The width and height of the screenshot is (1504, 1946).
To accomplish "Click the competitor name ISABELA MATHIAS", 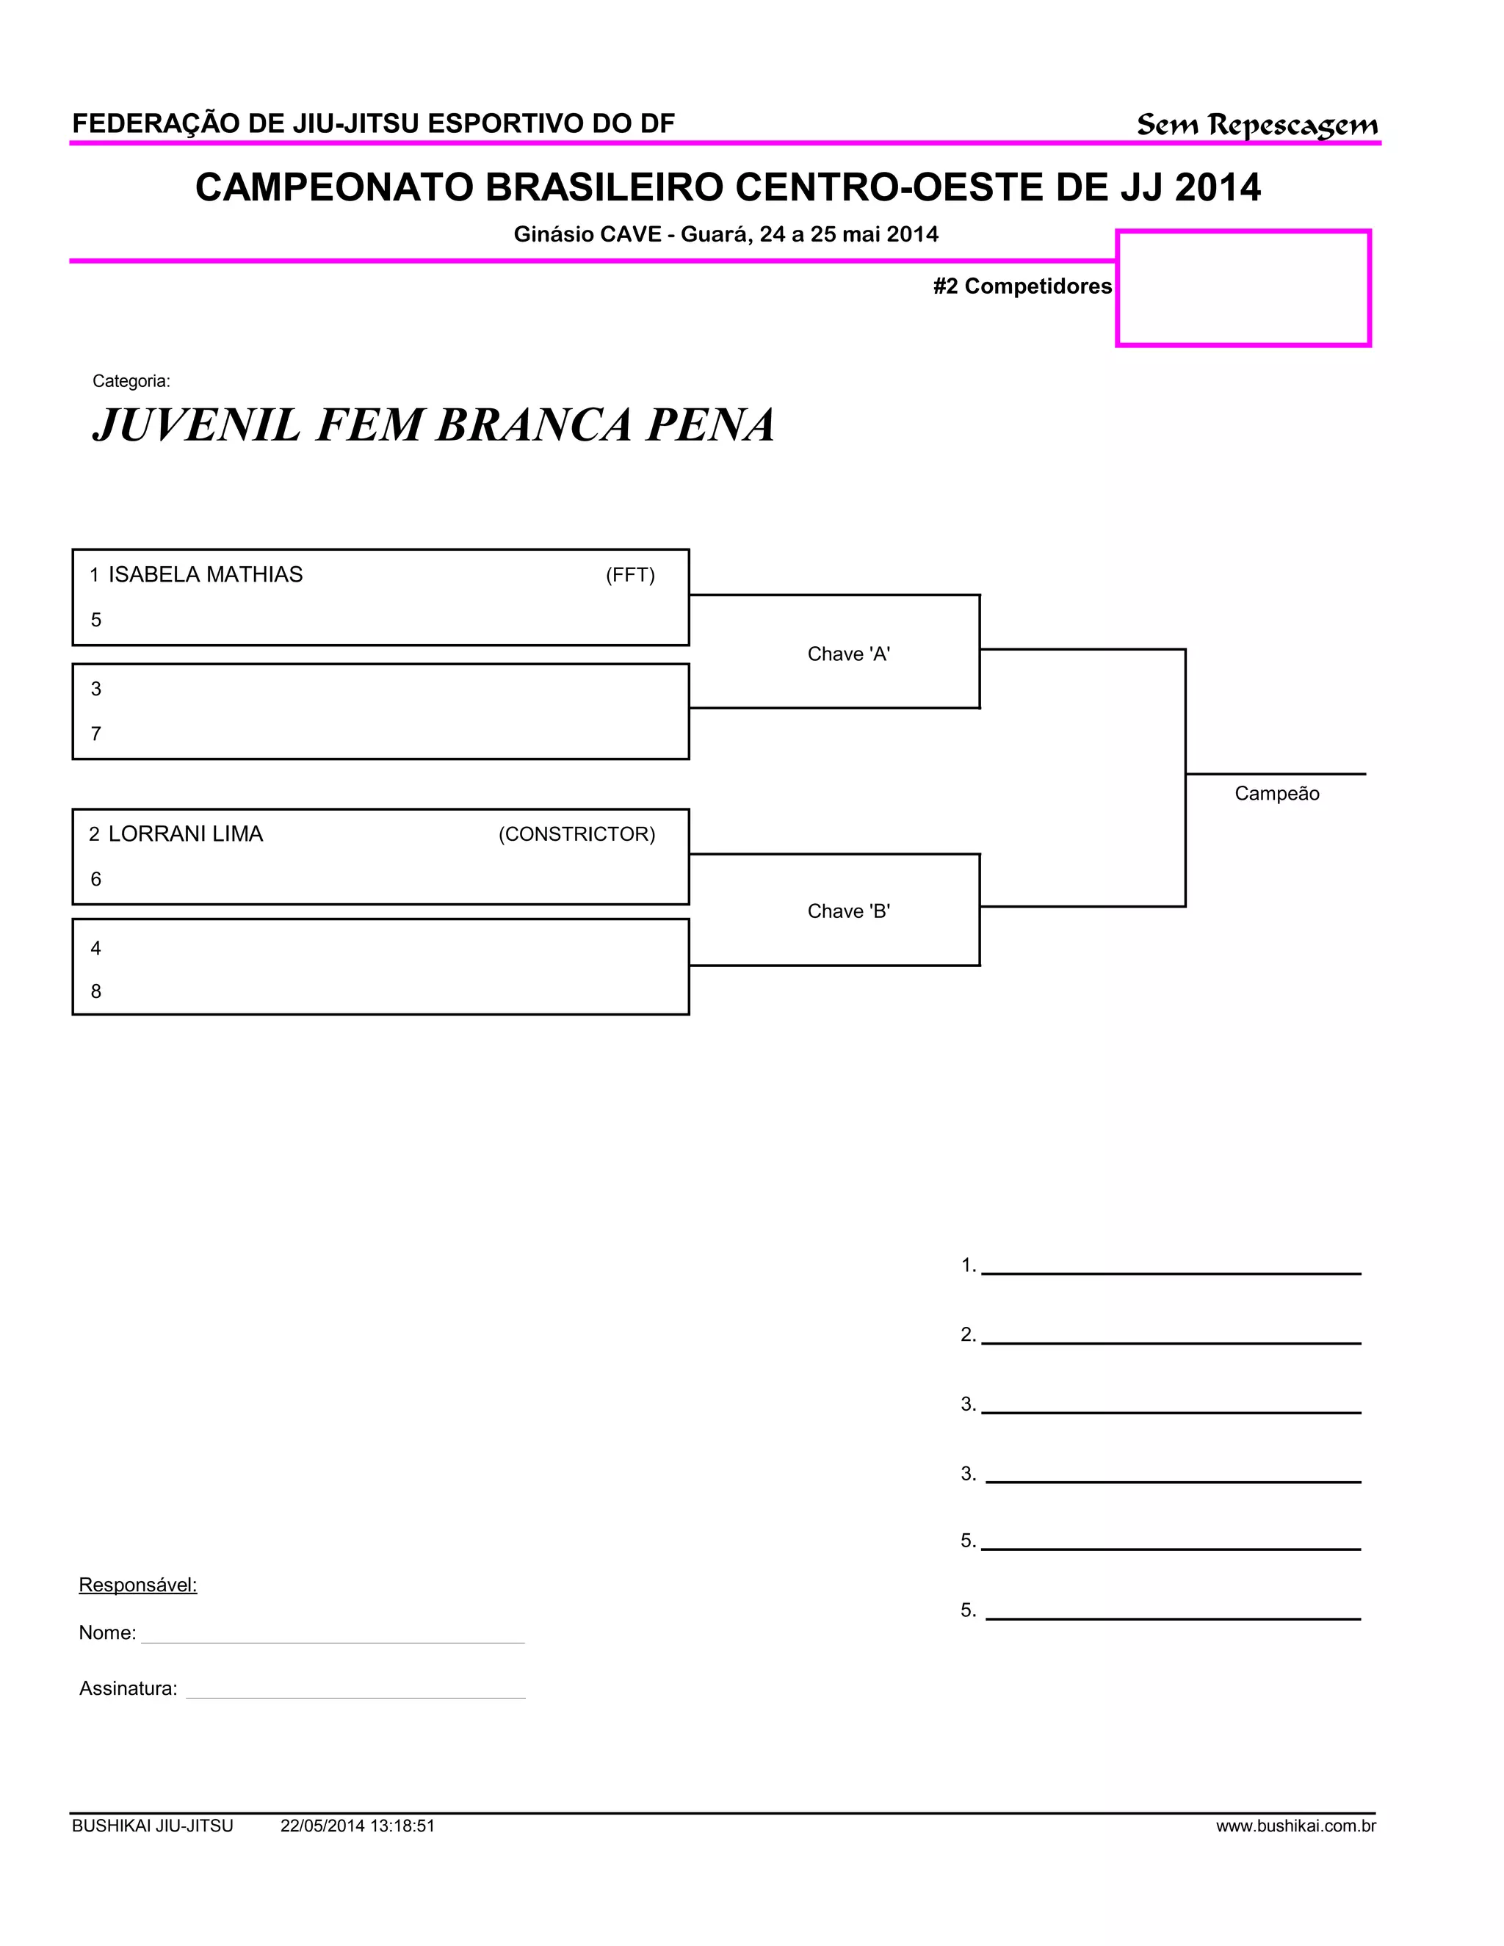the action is coord(205,575).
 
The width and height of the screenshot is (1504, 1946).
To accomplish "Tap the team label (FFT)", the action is coord(630,576).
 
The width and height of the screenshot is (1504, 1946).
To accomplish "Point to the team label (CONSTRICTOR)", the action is coord(576,835).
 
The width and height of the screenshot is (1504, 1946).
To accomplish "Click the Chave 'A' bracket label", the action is coord(848,654).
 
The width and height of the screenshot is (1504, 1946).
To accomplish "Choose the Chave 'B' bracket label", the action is coord(848,911).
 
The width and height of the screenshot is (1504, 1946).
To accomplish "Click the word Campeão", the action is coord(1276,794).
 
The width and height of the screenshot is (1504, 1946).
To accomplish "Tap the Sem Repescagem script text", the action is coord(1257,125).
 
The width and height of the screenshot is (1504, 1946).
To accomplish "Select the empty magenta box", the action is coord(1243,289).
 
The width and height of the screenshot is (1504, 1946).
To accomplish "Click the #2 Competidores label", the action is coord(1022,286).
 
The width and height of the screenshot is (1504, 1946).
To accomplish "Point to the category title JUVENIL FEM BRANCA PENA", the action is coord(434,424).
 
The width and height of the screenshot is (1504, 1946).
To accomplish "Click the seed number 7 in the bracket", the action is coord(96,734).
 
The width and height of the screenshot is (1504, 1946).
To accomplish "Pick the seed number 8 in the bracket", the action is coord(96,991).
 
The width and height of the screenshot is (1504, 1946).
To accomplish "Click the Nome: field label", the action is coord(107,1633).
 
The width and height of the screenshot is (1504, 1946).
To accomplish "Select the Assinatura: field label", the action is coord(129,1688).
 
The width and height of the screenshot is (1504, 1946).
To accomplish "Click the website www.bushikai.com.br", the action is coord(1295,1826).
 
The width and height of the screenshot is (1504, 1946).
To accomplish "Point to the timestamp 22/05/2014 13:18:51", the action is coord(358,1826).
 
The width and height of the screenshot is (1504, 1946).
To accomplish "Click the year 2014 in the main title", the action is coord(1217,188).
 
